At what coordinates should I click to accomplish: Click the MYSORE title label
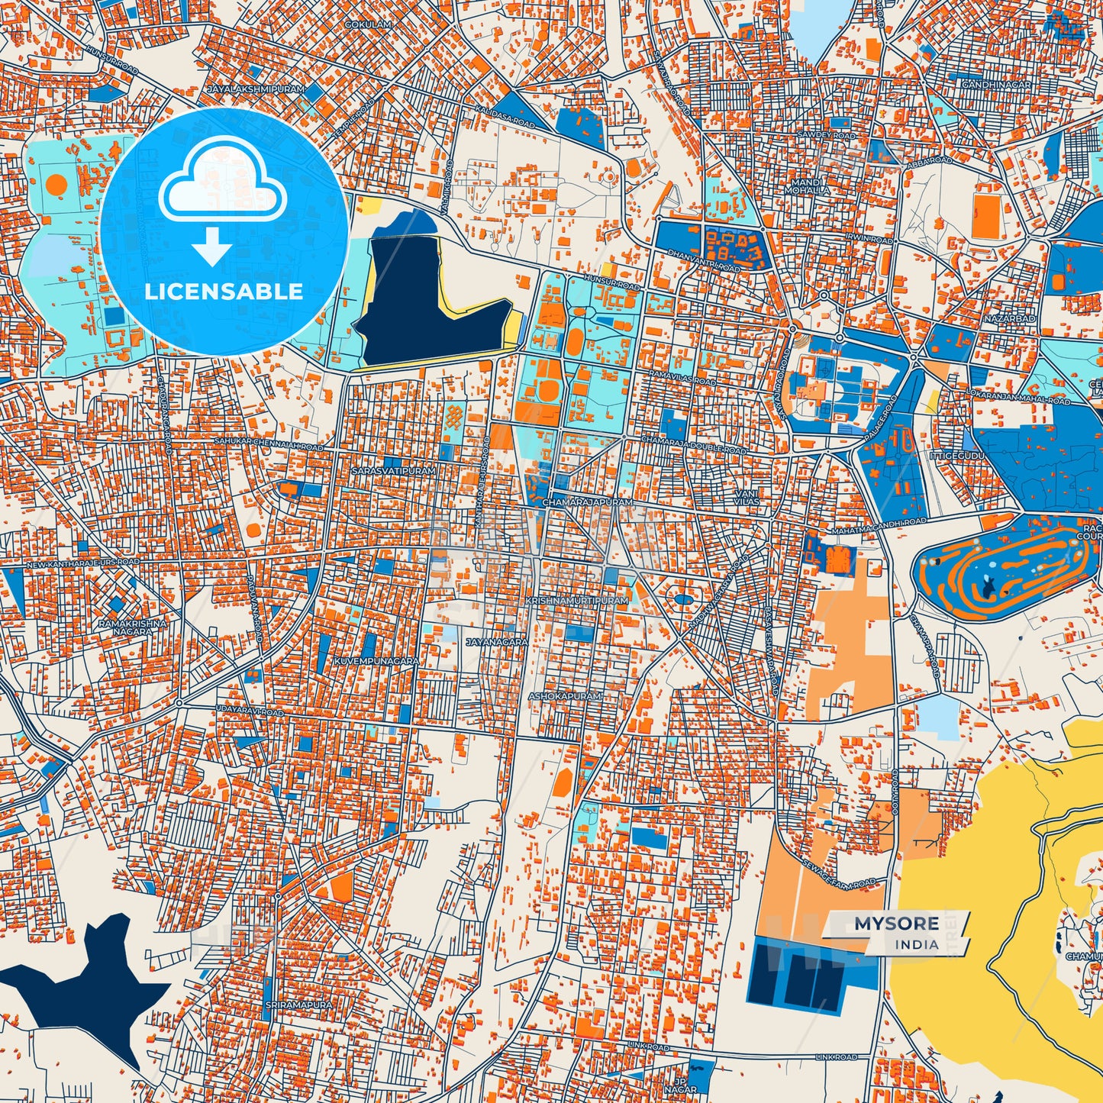896,923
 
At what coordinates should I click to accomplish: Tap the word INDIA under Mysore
917,944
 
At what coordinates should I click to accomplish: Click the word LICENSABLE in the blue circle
224,291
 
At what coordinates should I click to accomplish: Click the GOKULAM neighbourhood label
368,47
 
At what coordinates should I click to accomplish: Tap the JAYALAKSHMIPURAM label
256,89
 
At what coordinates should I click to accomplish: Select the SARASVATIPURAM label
393,471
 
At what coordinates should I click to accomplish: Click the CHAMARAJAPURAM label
587,503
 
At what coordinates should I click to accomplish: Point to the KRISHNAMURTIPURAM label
577,601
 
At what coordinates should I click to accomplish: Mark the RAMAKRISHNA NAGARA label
132,627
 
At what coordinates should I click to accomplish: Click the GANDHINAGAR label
996,84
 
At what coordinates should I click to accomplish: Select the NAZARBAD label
1009,318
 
